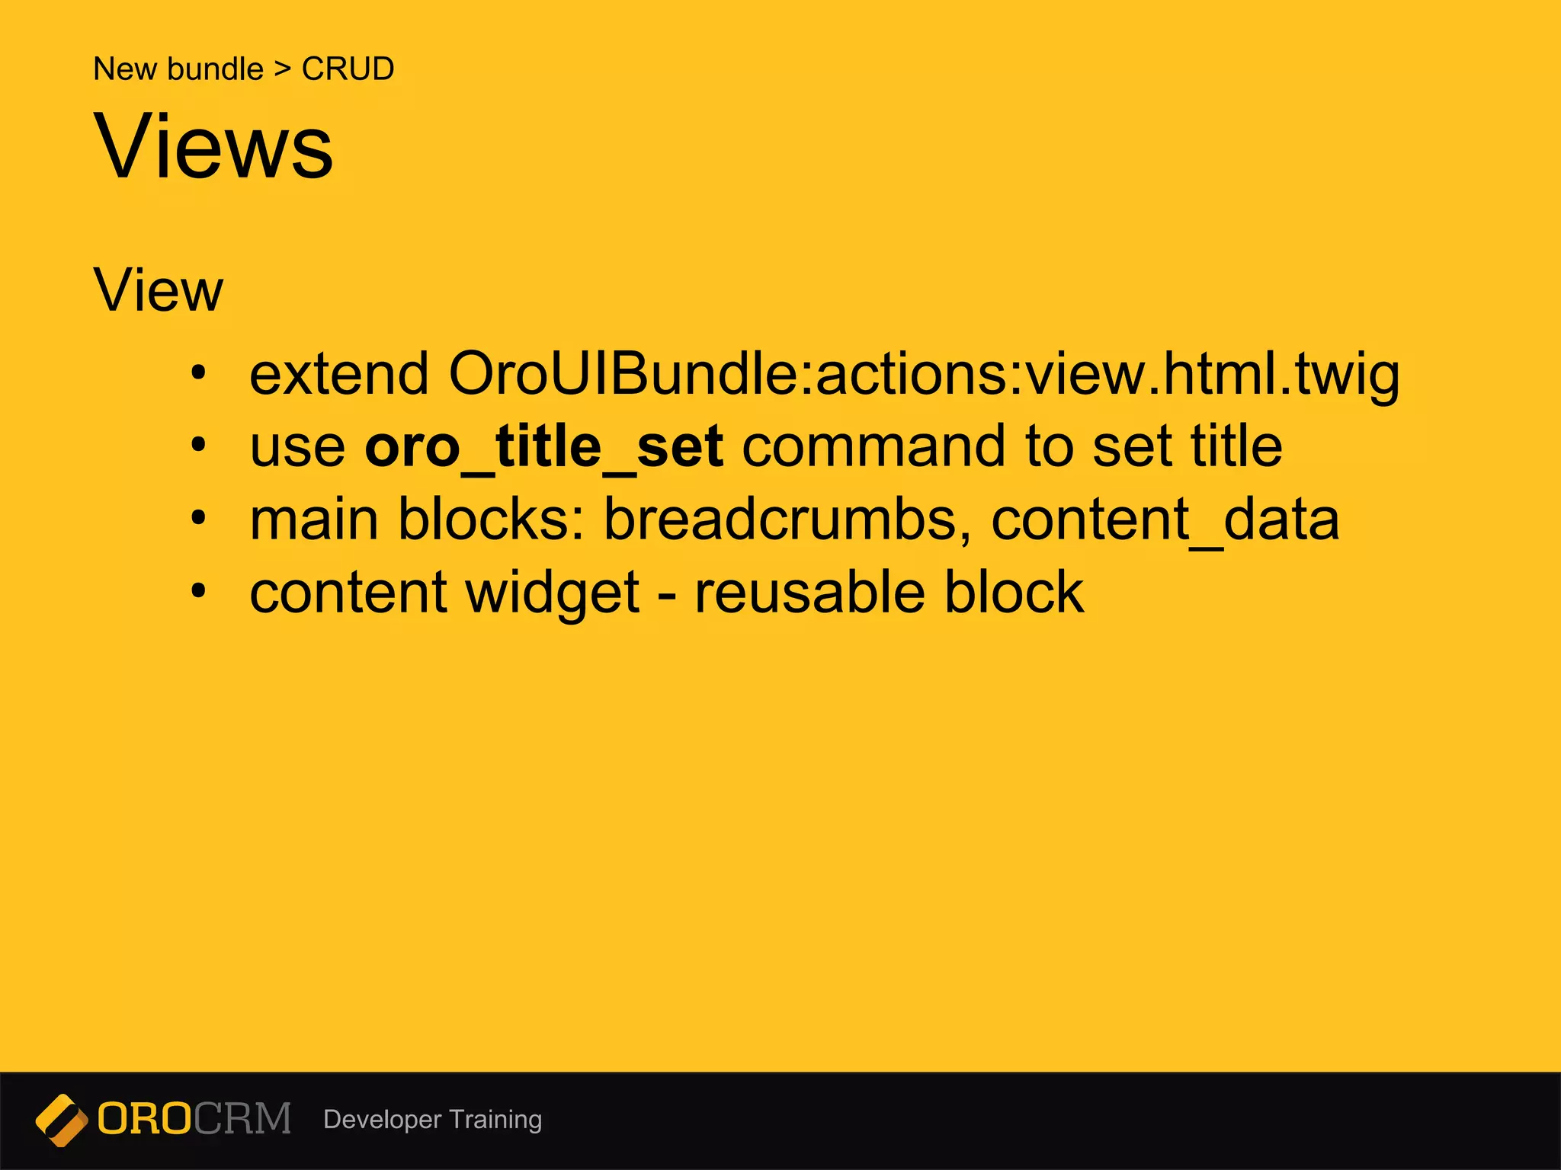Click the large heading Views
(x=213, y=146)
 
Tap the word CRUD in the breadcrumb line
(x=348, y=69)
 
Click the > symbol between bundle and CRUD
(x=283, y=70)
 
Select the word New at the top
(x=125, y=69)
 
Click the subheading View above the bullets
(x=159, y=290)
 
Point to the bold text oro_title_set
(x=543, y=447)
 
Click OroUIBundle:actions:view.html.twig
(x=923, y=374)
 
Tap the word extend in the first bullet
(x=339, y=374)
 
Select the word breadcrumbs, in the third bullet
(x=787, y=519)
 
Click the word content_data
(x=1165, y=519)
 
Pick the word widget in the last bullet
(x=553, y=593)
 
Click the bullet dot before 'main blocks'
(x=199, y=519)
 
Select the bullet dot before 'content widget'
(x=199, y=591)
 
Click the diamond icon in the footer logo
(x=62, y=1120)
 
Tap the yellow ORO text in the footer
(x=145, y=1119)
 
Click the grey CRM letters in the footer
(x=242, y=1119)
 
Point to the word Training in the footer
(x=495, y=1120)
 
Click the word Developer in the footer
(x=382, y=1120)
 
